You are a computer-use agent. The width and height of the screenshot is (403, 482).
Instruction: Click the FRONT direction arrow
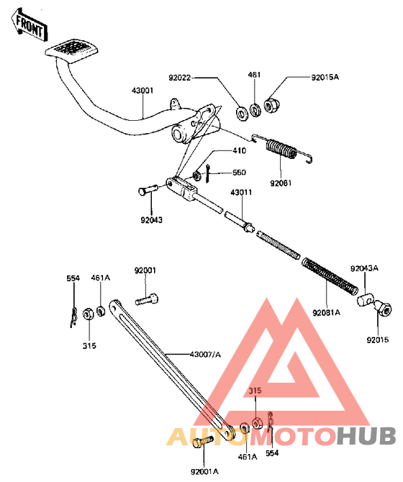[30, 26]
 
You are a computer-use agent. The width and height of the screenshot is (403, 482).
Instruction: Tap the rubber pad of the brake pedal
[72, 51]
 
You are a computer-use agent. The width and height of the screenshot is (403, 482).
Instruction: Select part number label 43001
[142, 91]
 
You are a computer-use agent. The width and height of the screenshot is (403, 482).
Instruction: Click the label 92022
[179, 78]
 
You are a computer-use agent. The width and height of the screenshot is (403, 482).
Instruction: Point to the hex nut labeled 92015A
[271, 105]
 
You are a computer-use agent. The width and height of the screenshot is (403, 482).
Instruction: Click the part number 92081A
[327, 313]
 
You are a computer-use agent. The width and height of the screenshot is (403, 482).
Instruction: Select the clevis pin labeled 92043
[148, 191]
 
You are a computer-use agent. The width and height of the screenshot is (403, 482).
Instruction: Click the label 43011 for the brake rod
[241, 192]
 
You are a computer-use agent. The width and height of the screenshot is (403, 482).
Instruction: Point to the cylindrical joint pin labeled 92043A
[365, 299]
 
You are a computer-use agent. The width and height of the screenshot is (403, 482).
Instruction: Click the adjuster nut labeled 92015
[384, 309]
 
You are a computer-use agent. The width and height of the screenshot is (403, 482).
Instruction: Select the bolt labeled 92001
[147, 299]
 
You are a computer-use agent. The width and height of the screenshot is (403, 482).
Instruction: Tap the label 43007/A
[205, 355]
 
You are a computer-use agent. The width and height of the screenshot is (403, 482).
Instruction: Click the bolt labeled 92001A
[202, 442]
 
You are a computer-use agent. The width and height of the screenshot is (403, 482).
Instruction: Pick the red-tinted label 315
[255, 391]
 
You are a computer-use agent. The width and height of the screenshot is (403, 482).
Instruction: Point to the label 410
[240, 150]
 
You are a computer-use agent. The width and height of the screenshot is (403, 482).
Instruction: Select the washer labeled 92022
[243, 114]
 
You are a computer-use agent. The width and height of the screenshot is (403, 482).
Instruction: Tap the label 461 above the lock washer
[254, 75]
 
